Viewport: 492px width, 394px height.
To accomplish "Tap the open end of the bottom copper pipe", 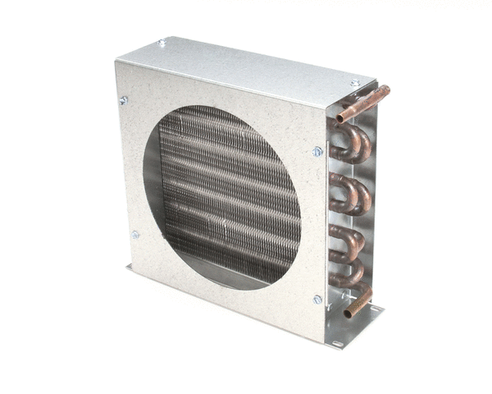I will (x=347, y=313).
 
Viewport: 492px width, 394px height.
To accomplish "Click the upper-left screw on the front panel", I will (x=124, y=100).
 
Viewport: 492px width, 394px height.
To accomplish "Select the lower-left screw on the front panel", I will (x=134, y=235).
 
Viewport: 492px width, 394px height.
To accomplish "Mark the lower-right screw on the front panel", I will (x=317, y=300).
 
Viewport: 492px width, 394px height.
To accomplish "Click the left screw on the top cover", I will (x=162, y=43).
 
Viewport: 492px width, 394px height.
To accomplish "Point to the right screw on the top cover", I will (x=355, y=82).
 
